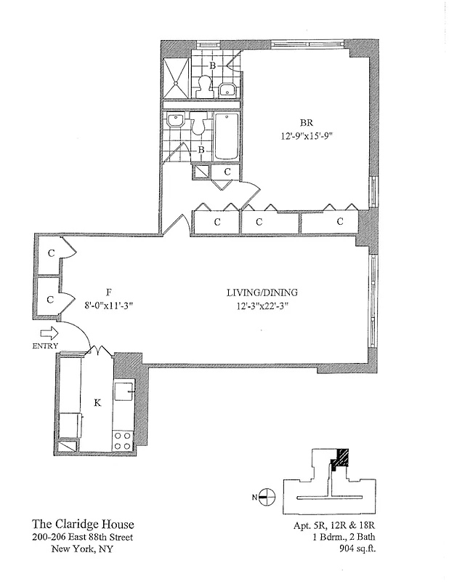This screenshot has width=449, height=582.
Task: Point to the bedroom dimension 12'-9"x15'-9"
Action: [307, 135]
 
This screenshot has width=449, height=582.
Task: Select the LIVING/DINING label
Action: [262, 293]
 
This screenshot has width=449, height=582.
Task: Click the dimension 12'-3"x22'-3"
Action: [262, 306]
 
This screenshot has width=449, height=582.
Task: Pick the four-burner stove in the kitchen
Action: [123, 439]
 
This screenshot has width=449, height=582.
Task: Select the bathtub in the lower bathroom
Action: [227, 136]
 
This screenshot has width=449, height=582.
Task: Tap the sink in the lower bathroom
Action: [175, 121]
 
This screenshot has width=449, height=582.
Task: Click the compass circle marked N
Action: [267, 497]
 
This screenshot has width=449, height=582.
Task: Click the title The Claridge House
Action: [82, 524]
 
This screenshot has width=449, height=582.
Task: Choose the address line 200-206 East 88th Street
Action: [82, 537]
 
